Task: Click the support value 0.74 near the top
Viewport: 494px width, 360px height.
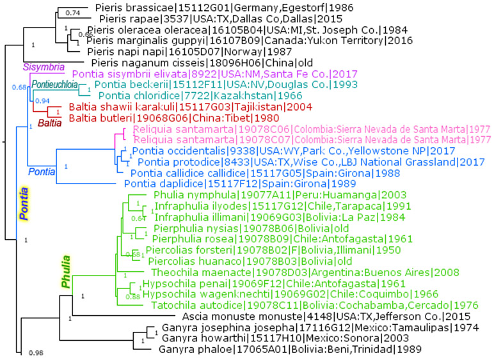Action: [x=74, y=12]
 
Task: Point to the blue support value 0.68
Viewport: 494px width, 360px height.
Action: [x=20, y=87]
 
